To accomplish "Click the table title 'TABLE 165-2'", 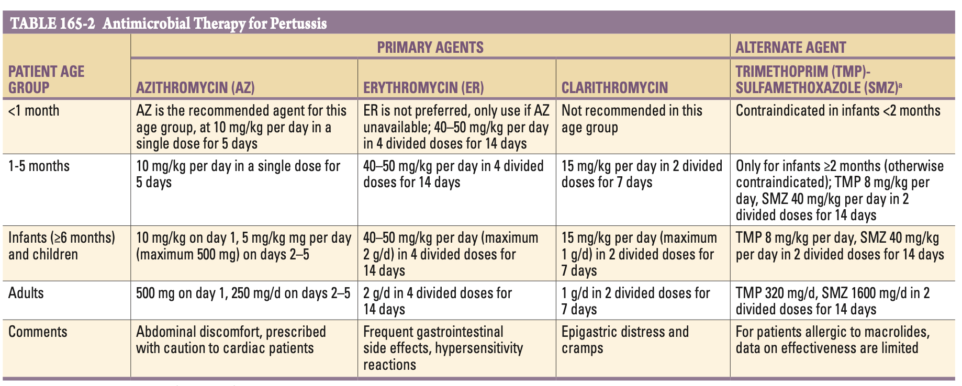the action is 52,24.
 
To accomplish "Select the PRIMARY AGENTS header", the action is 430,47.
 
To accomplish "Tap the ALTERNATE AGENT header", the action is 790,47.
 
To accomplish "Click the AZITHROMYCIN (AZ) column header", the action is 195,87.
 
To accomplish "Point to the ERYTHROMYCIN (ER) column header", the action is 423,87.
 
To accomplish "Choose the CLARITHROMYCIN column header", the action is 614,87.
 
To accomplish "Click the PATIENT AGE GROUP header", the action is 46,79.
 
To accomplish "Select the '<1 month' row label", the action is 34,111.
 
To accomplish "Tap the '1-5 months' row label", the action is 39,166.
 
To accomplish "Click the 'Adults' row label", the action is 26,293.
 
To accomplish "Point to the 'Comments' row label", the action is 38,332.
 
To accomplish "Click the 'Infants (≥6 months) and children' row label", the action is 62,246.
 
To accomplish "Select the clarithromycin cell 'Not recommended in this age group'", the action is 632,119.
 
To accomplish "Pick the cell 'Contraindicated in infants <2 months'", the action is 838,111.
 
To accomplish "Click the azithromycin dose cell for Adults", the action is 243,293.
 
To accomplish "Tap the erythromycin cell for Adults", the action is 438,301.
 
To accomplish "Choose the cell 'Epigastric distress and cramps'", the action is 625,340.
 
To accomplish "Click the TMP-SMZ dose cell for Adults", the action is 833,301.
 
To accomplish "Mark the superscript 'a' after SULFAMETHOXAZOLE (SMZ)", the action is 900,84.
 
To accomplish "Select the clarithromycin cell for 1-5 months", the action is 642,174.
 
